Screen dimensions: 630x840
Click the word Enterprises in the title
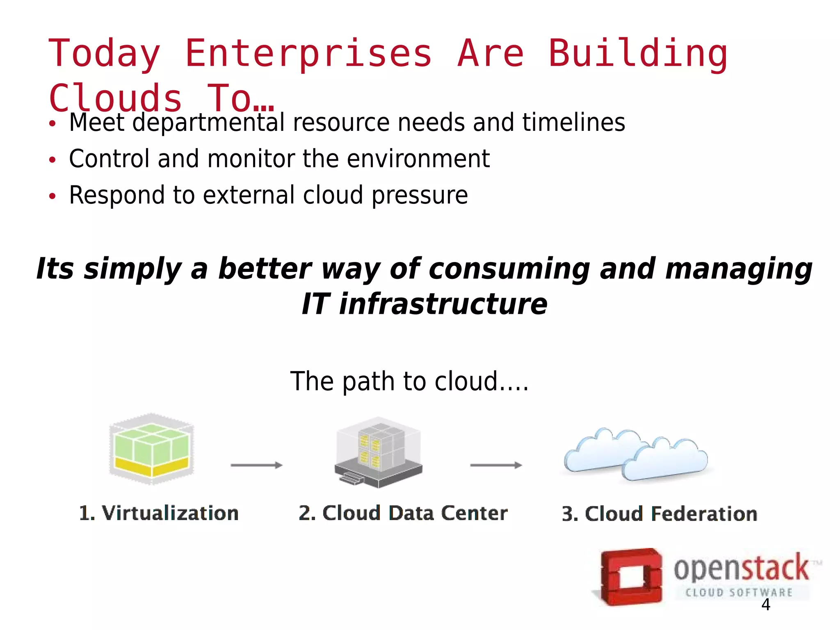pyautogui.click(x=308, y=53)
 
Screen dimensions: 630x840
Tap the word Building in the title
pyautogui.click(x=638, y=53)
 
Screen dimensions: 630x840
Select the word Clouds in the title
pyautogui.click(x=115, y=98)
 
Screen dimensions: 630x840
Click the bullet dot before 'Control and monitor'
pyautogui.click(x=52, y=160)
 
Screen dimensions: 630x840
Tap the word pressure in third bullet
pyautogui.click(x=420, y=195)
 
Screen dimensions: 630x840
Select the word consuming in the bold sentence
pyautogui.click(x=509, y=269)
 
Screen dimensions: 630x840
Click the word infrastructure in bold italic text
pyautogui.click(x=443, y=304)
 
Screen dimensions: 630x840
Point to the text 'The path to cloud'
pyautogui.click(x=409, y=381)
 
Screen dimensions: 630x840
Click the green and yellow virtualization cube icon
pyautogui.click(x=151, y=449)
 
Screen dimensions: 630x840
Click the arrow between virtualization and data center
pyautogui.click(x=257, y=465)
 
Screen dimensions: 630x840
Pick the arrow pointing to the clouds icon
pyautogui.click(x=496, y=465)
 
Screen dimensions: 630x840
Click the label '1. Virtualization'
pyautogui.click(x=159, y=513)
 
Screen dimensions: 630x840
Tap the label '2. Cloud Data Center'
pyautogui.click(x=403, y=513)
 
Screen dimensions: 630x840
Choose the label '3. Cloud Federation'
pyautogui.click(x=659, y=514)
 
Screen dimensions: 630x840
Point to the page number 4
pyautogui.click(x=765, y=605)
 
